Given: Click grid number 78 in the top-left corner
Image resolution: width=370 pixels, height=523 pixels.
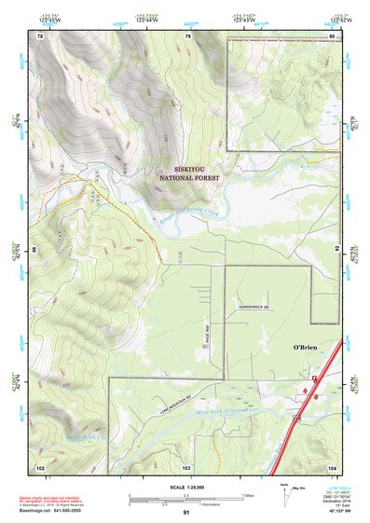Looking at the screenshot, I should (x=40, y=35).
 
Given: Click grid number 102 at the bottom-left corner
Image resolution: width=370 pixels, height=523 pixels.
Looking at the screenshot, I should (x=40, y=466).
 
